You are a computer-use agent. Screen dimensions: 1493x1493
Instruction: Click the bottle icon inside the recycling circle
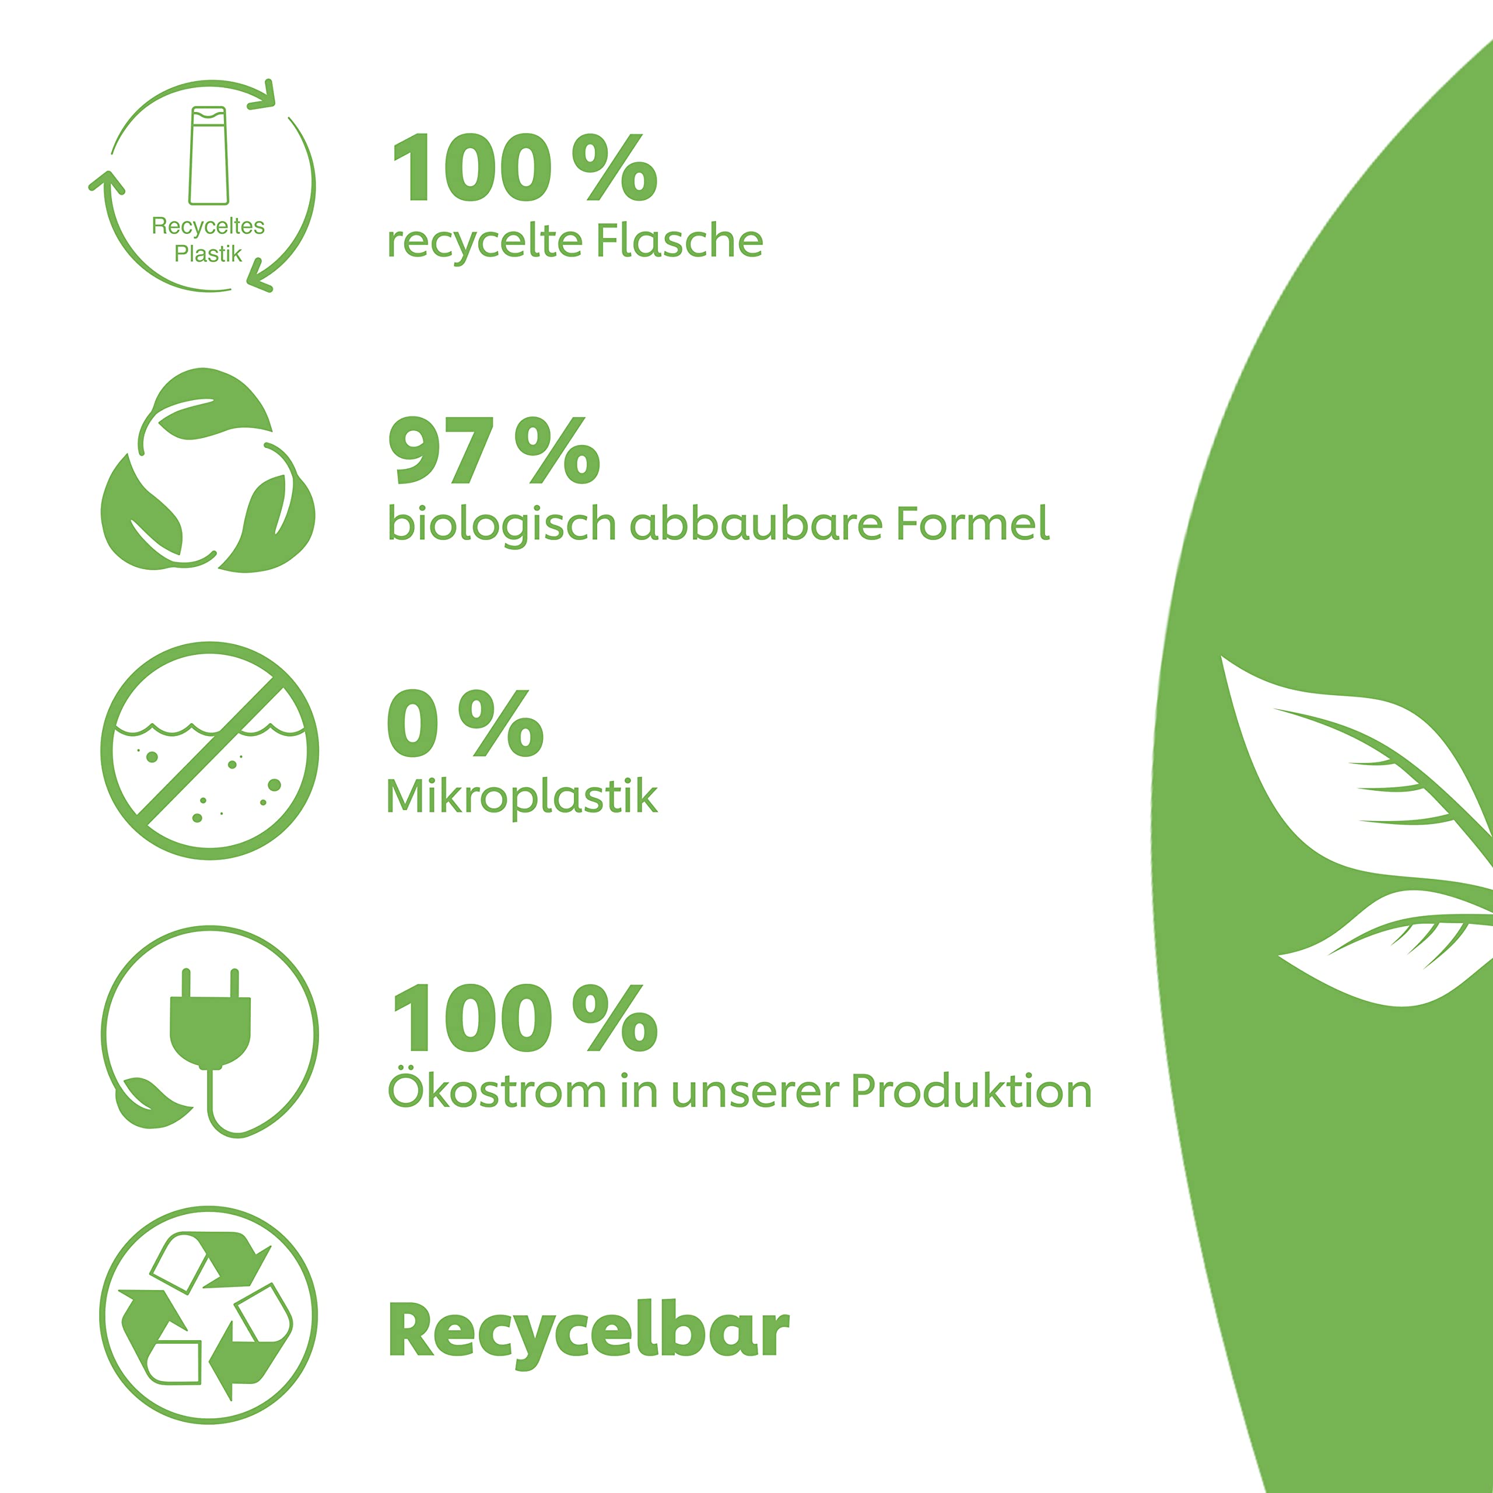209,155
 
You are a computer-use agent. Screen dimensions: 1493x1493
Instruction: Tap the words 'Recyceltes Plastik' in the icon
208,240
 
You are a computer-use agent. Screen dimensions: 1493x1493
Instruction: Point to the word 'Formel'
972,523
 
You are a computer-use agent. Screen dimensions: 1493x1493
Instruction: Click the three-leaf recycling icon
208,470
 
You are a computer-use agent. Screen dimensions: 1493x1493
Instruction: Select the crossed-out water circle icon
209,751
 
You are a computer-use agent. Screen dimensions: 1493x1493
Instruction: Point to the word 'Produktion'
972,1091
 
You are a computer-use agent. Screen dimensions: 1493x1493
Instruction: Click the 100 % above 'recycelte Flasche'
525,168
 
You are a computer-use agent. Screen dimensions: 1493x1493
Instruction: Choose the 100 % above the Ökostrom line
525,1018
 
